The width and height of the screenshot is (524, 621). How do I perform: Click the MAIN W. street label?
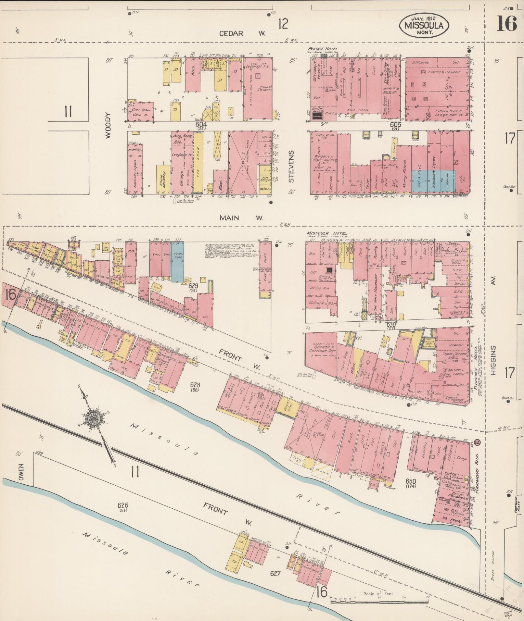point(241,218)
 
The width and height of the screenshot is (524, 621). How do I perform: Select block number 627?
point(275,573)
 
